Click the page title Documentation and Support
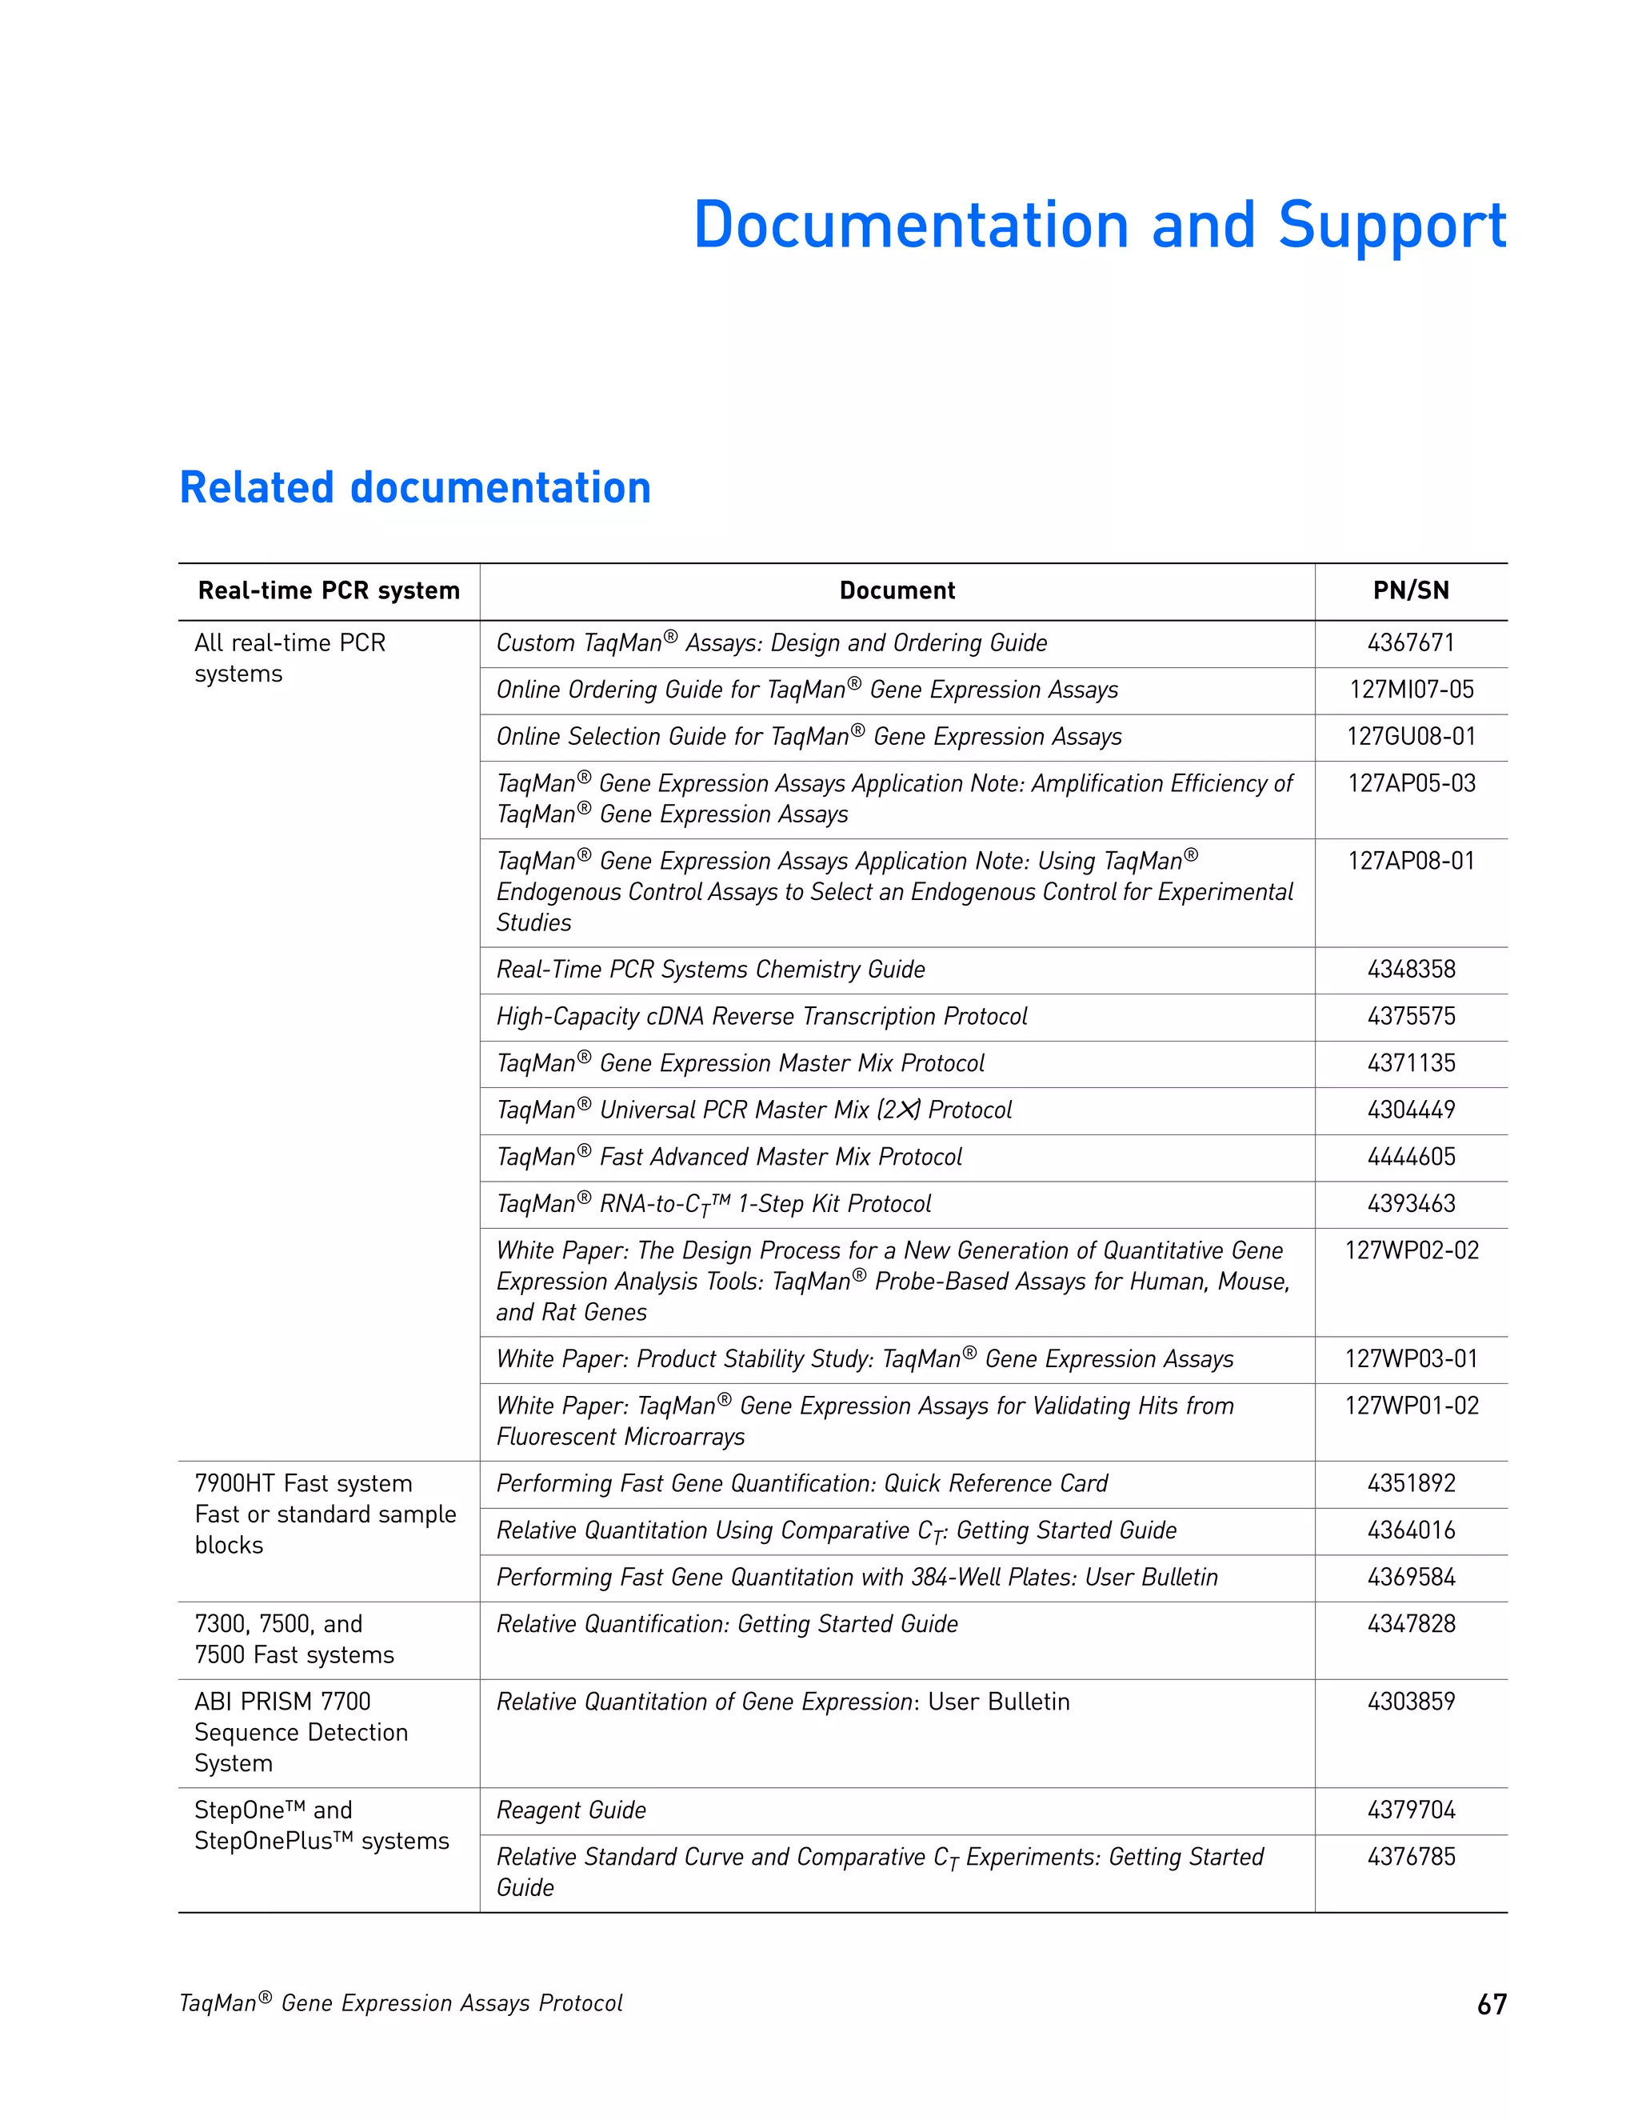(1100, 226)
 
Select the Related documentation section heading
(414, 487)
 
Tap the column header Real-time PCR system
(328, 590)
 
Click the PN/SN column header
(1410, 590)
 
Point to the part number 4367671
(1410, 642)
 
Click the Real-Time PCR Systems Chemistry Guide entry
(710, 969)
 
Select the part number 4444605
(1410, 1156)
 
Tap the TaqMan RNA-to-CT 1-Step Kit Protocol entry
(713, 1204)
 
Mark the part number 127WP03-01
(1410, 1359)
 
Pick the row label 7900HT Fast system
(303, 1483)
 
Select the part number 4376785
(1410, 1856)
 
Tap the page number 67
(1491, 2005)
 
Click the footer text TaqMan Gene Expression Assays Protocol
(401, 2003)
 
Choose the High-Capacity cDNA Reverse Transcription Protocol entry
(761, 1016)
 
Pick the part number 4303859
(1410, 1701)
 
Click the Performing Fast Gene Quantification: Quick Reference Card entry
(801, 1483)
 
